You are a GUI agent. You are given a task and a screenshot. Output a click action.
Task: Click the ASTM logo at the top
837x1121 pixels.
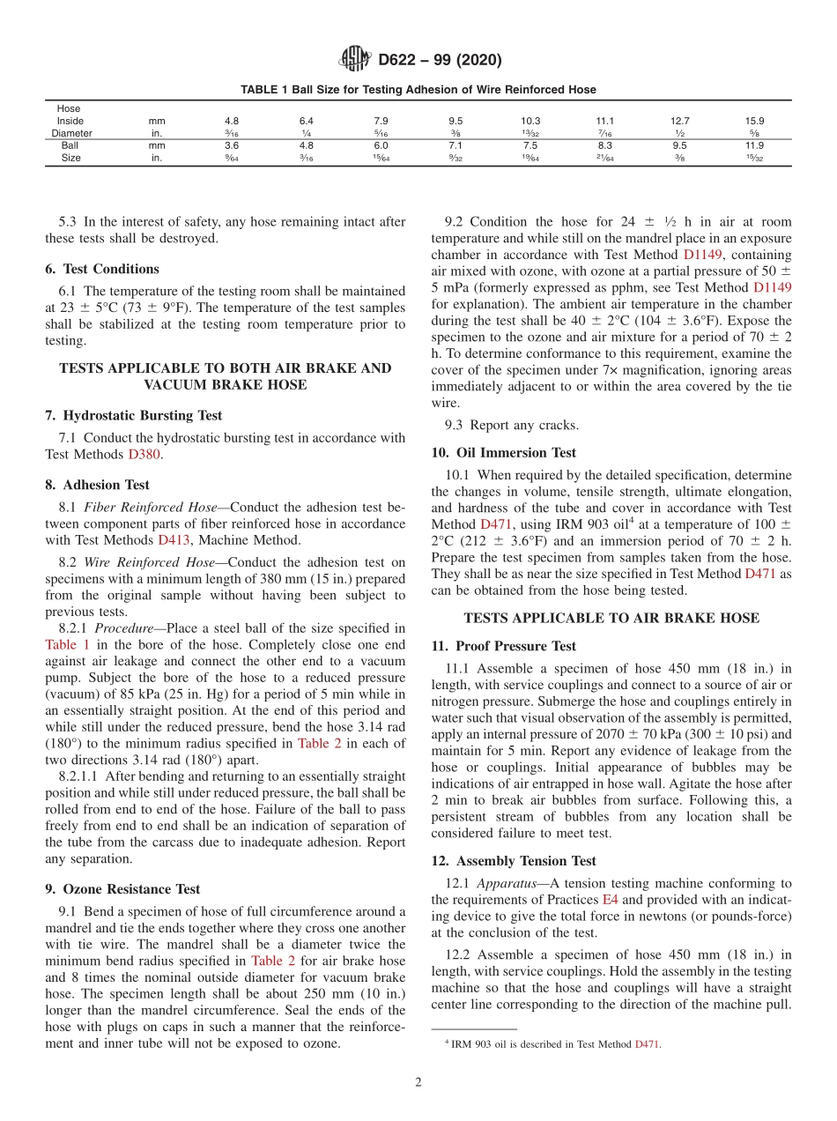point(355,60)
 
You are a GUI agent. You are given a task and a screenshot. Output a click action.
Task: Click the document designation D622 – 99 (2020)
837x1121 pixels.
point(439,60)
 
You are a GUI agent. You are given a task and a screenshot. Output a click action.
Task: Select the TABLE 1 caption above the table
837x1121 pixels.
point(418,89)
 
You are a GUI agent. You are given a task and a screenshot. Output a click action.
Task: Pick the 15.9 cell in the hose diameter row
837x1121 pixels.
point(755,121)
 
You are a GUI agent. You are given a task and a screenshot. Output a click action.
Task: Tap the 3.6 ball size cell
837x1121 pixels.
point(232,145)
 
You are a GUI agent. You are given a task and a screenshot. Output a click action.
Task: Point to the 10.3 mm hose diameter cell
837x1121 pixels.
point(530,121)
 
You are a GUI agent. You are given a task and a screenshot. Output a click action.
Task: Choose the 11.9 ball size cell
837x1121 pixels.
point(755,145)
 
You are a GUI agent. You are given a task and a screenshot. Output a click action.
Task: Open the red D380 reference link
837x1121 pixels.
point(145,455)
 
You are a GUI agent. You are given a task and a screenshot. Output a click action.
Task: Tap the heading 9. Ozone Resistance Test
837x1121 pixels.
point(122,889)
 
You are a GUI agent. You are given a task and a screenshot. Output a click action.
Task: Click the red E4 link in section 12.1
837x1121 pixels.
point(609,900)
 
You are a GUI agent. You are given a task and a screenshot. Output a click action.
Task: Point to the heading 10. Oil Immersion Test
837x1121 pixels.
point(504,453)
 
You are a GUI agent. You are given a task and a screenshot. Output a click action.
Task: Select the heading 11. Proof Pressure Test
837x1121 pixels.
point(504,646)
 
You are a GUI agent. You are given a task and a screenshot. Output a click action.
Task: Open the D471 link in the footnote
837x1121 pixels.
point(647,1044)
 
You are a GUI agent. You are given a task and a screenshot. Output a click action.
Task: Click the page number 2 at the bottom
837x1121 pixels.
point(418,1083)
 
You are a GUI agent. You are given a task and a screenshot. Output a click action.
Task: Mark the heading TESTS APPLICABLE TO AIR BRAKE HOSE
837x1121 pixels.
point(611,618)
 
